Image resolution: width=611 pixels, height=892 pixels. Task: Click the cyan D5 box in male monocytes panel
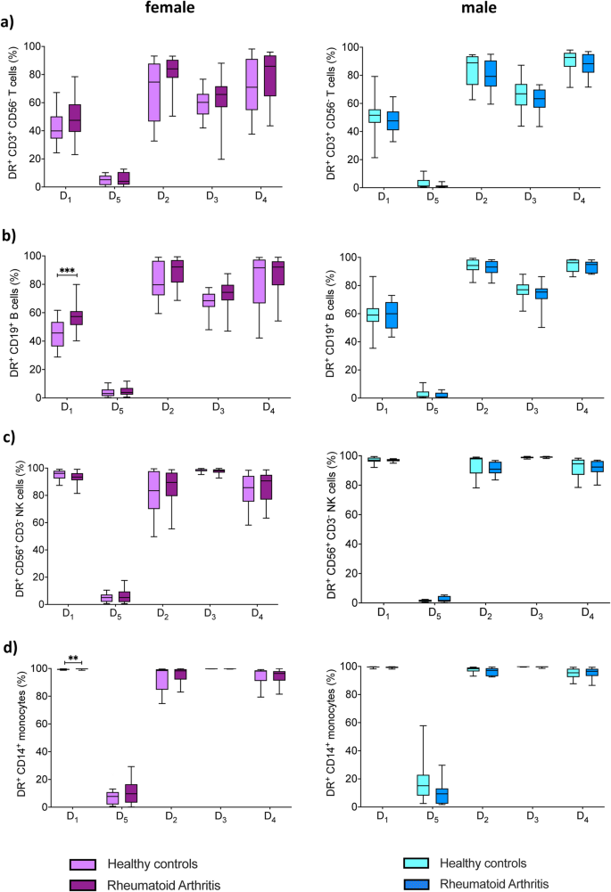pos(423,784)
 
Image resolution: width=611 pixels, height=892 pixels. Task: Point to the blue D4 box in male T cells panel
pos(587,63)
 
